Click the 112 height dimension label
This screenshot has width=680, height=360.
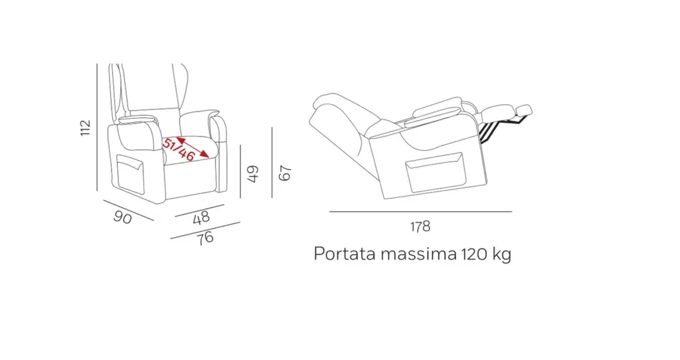click(86, 128)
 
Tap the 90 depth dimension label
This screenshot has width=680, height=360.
click(122, 217)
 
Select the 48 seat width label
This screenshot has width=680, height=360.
click(201, 218)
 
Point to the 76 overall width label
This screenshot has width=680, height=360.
click(206, 238)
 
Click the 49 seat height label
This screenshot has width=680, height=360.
click(252, 173)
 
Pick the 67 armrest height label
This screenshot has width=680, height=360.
click(284, 173)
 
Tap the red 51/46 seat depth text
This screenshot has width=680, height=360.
click(178, 149)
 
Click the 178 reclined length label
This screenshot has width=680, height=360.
click(420, 226)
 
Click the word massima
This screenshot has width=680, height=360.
click(418, 254)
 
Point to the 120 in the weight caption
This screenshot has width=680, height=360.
click(474, 254)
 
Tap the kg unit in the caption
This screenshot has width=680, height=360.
click(502, 255)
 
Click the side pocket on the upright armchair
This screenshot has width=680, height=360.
click(130, 175)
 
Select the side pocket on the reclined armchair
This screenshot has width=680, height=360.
click(436, 172)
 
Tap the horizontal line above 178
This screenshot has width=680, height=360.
click(420, 212)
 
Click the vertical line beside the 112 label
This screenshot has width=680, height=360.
click(97, 127)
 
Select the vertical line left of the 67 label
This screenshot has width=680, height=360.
click(272, 162)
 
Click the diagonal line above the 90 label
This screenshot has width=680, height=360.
click(128, 210)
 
